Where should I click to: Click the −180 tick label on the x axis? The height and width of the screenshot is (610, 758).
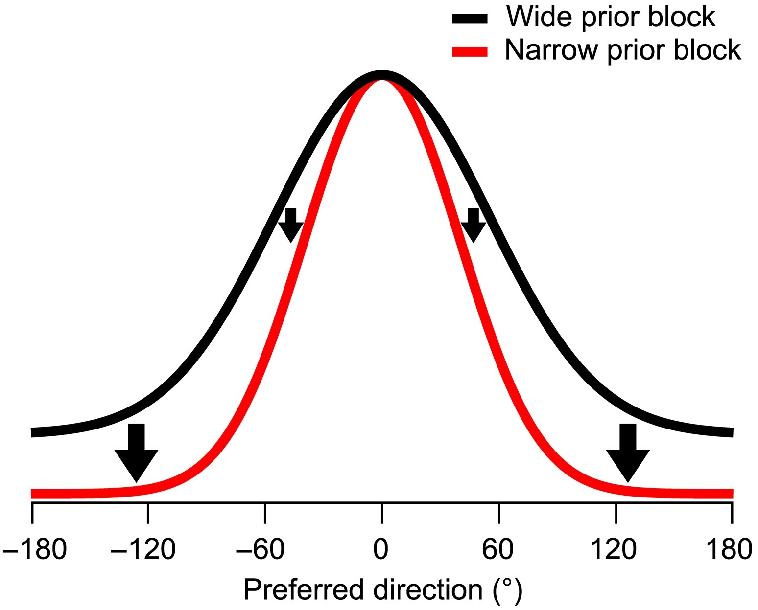[34, 549]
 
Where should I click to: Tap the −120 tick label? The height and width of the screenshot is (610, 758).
[142, 549]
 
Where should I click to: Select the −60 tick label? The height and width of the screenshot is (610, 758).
[260, 549]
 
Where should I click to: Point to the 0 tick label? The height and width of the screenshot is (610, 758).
[380, 549]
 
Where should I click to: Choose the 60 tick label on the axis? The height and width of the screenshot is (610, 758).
[498, 549]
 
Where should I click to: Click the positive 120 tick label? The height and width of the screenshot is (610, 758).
[614, 549]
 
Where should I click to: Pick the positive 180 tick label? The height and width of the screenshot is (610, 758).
[729, 549]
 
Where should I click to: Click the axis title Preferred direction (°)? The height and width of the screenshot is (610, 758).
[383, 589]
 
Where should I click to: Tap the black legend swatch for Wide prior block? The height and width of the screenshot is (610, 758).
[470, 19]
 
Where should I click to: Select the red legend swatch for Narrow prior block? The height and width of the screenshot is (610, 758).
[470, 52]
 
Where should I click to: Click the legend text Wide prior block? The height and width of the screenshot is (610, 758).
[611, 18]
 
